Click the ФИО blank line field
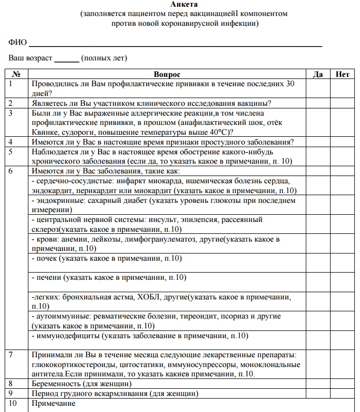(x=176, y=43)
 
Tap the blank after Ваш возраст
(x=67, y=58)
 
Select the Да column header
(x=318, y=74)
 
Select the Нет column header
(x=342, y=74)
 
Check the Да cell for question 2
(x=318, y=103)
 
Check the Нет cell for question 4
(x=342, y=142)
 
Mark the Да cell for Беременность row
(x=318, y=384)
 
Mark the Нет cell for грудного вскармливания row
(x=342, y=393)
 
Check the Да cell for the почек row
(x=318, y=262)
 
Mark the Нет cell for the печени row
(x=342, y=281)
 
